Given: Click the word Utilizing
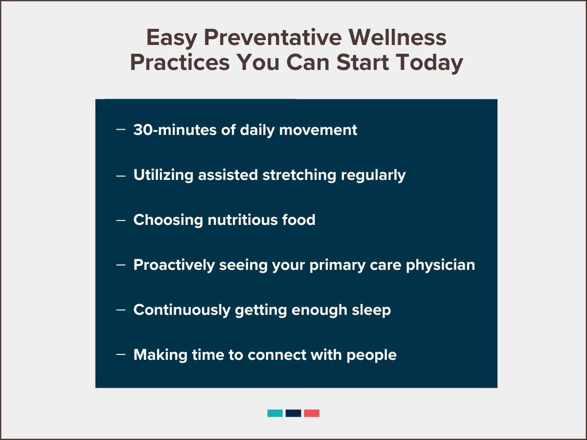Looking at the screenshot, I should coord(163,175).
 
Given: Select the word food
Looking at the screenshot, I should coord(298,220).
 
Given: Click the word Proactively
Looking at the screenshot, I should coord(174,265).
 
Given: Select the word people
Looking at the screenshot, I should coord(372,355).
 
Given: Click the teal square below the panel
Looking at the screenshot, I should coord(275,413).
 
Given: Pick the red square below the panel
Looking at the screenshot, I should coord(312,413).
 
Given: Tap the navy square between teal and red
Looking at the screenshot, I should coord(293,413).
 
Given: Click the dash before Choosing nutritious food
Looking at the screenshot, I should coord(121,220).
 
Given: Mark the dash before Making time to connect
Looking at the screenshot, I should coord(121,354).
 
